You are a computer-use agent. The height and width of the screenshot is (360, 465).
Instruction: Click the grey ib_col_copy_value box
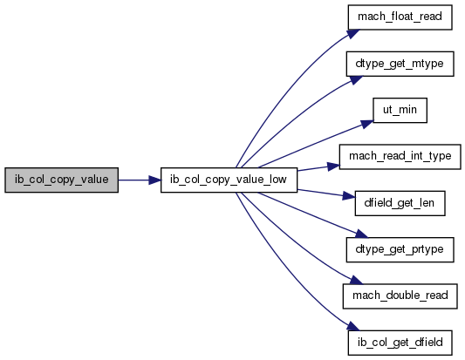[x=61, y=180]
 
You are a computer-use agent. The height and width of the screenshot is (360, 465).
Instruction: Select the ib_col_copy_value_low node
[x=229, y=180]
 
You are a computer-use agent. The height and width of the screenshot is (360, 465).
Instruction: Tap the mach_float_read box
[x=400, y=17]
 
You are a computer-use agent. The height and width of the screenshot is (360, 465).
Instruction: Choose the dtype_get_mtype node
[x=400, y=64]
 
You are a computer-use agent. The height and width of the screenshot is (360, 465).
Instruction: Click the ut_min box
[x=400, y=110]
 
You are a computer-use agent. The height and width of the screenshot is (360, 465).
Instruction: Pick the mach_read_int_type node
[x=400, y=156]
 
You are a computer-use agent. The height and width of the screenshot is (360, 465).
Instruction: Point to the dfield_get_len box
[x=400, y=203]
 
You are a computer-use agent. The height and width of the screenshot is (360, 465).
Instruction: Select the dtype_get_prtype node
[x=400, y=249]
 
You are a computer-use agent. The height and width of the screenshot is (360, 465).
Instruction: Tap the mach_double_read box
[x=400, y=296]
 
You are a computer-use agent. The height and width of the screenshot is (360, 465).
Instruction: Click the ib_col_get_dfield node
[x=400, y=343]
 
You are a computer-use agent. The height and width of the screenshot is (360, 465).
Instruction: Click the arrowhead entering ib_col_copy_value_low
[x=154, y=180]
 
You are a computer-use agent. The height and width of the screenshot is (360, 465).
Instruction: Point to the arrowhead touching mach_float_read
[x=353, y=33]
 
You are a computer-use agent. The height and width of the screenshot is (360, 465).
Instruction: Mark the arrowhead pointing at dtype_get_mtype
[x=356, y=80]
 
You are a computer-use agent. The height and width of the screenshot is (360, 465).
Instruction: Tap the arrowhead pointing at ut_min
[x=366, y=124]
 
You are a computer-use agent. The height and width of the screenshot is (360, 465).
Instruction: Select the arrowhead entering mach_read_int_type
[x=333, y=166]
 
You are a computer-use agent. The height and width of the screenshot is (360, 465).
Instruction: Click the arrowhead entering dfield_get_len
[x=349, y=196]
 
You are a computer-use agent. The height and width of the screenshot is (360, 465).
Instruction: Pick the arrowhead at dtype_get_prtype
[x=362, y=234]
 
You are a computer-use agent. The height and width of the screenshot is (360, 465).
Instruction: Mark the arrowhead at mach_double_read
[x=356, y=280]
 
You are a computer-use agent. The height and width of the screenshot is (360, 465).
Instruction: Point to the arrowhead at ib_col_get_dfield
[x=353, y=326]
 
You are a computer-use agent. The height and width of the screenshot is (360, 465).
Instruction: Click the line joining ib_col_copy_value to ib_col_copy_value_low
[x=133, y=180]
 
